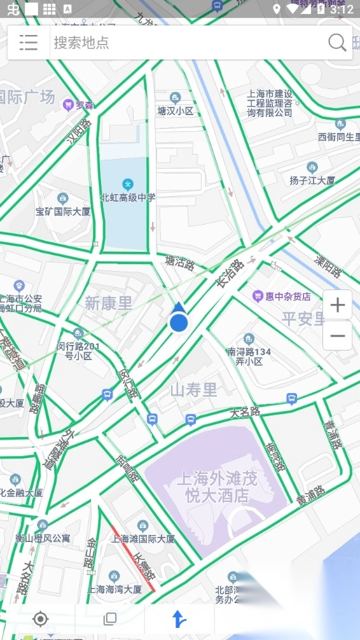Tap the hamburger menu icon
point(29,43)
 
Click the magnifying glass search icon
point(336,43)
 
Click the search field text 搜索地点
point(81,43)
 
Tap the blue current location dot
point(179,323)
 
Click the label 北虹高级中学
point(127,198)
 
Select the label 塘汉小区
point(176,111)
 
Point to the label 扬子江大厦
point(312,180)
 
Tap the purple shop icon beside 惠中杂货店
point(258,296)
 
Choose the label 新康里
point(109,303)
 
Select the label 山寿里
point(193,390)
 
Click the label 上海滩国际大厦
point(143,538)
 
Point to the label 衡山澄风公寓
point(43,538)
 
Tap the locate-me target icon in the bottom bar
point(41,619)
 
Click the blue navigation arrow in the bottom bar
point(179,619)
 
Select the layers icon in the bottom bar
point(110,619)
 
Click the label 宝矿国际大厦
point(63,211)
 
